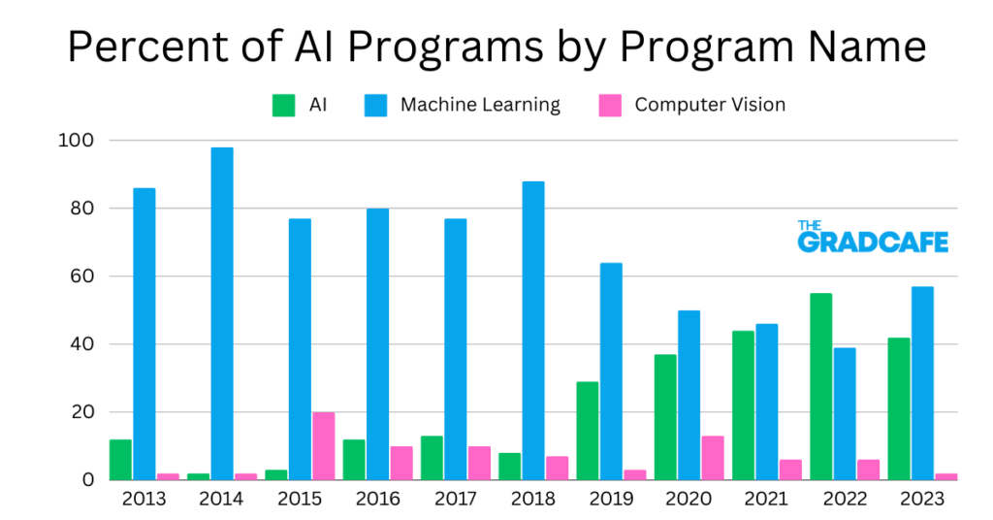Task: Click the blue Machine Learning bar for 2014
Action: (222, 313)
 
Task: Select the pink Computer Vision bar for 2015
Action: (323, 445)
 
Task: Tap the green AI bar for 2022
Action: (820, 386)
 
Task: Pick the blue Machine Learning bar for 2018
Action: (532, 330)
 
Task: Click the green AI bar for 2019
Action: (587, 430)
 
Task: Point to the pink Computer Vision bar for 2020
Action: (712, 457)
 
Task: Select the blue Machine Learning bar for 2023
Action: (921, 382)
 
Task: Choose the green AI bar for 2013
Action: (120, 459)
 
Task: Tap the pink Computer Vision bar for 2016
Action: (400, 462)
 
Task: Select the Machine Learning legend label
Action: (480, 105)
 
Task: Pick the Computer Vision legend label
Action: (710, 105)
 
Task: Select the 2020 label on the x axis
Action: (688, 500)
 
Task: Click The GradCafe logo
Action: (873, 237)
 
